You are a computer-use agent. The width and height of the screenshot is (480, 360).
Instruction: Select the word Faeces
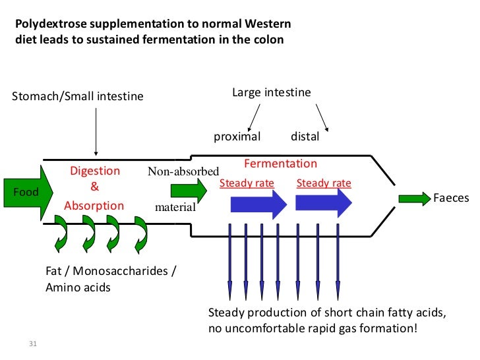450,198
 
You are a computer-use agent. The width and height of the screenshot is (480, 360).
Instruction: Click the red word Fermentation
280,164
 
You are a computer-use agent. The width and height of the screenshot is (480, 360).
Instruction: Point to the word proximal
237,137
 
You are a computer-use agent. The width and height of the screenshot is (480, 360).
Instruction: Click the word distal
305,137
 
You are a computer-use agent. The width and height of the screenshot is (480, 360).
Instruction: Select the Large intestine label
271,93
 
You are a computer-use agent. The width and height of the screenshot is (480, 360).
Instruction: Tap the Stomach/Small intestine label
78,97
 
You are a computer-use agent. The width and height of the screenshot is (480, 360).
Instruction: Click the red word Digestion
95,171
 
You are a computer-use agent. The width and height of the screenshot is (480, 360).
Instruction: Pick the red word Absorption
94,206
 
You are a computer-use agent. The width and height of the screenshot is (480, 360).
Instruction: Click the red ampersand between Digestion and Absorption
94,188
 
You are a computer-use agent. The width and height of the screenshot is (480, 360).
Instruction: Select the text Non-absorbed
183,172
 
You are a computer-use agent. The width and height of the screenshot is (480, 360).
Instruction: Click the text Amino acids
78,287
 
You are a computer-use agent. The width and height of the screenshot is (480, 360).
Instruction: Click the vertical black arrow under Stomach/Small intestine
96,132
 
